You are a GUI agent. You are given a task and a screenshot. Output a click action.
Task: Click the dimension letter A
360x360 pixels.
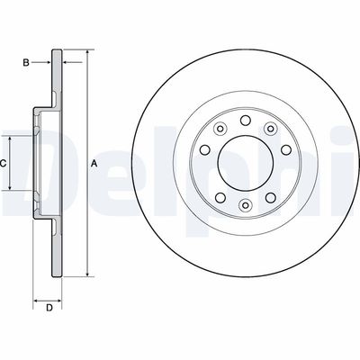94,164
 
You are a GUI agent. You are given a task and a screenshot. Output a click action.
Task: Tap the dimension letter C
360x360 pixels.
4,164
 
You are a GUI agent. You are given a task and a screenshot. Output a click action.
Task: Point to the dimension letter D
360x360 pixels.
49,309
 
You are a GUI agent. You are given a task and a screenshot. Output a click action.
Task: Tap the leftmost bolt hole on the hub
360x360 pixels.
203,150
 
